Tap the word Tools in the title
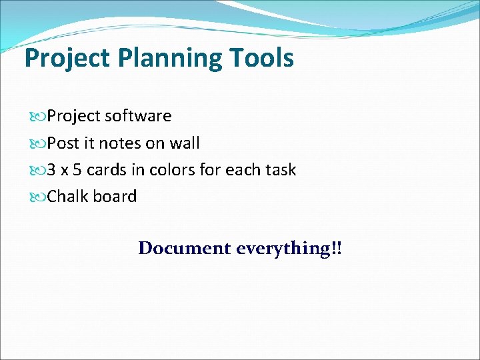[263, 58]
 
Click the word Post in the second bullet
[63, 143]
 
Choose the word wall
[185, 143]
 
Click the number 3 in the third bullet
[51, 170]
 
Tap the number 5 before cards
[77, 170]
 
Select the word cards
[107, 170]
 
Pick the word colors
[173, 170]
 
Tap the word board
[115, 197]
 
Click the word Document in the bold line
[184, 248]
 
